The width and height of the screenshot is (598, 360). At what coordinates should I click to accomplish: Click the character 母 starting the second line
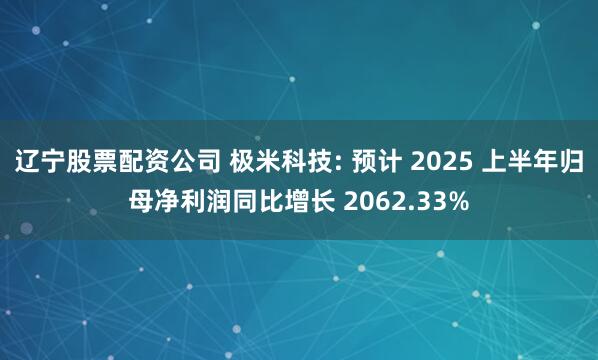pos(142,199)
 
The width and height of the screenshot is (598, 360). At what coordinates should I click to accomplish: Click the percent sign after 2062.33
pos(456,199)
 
